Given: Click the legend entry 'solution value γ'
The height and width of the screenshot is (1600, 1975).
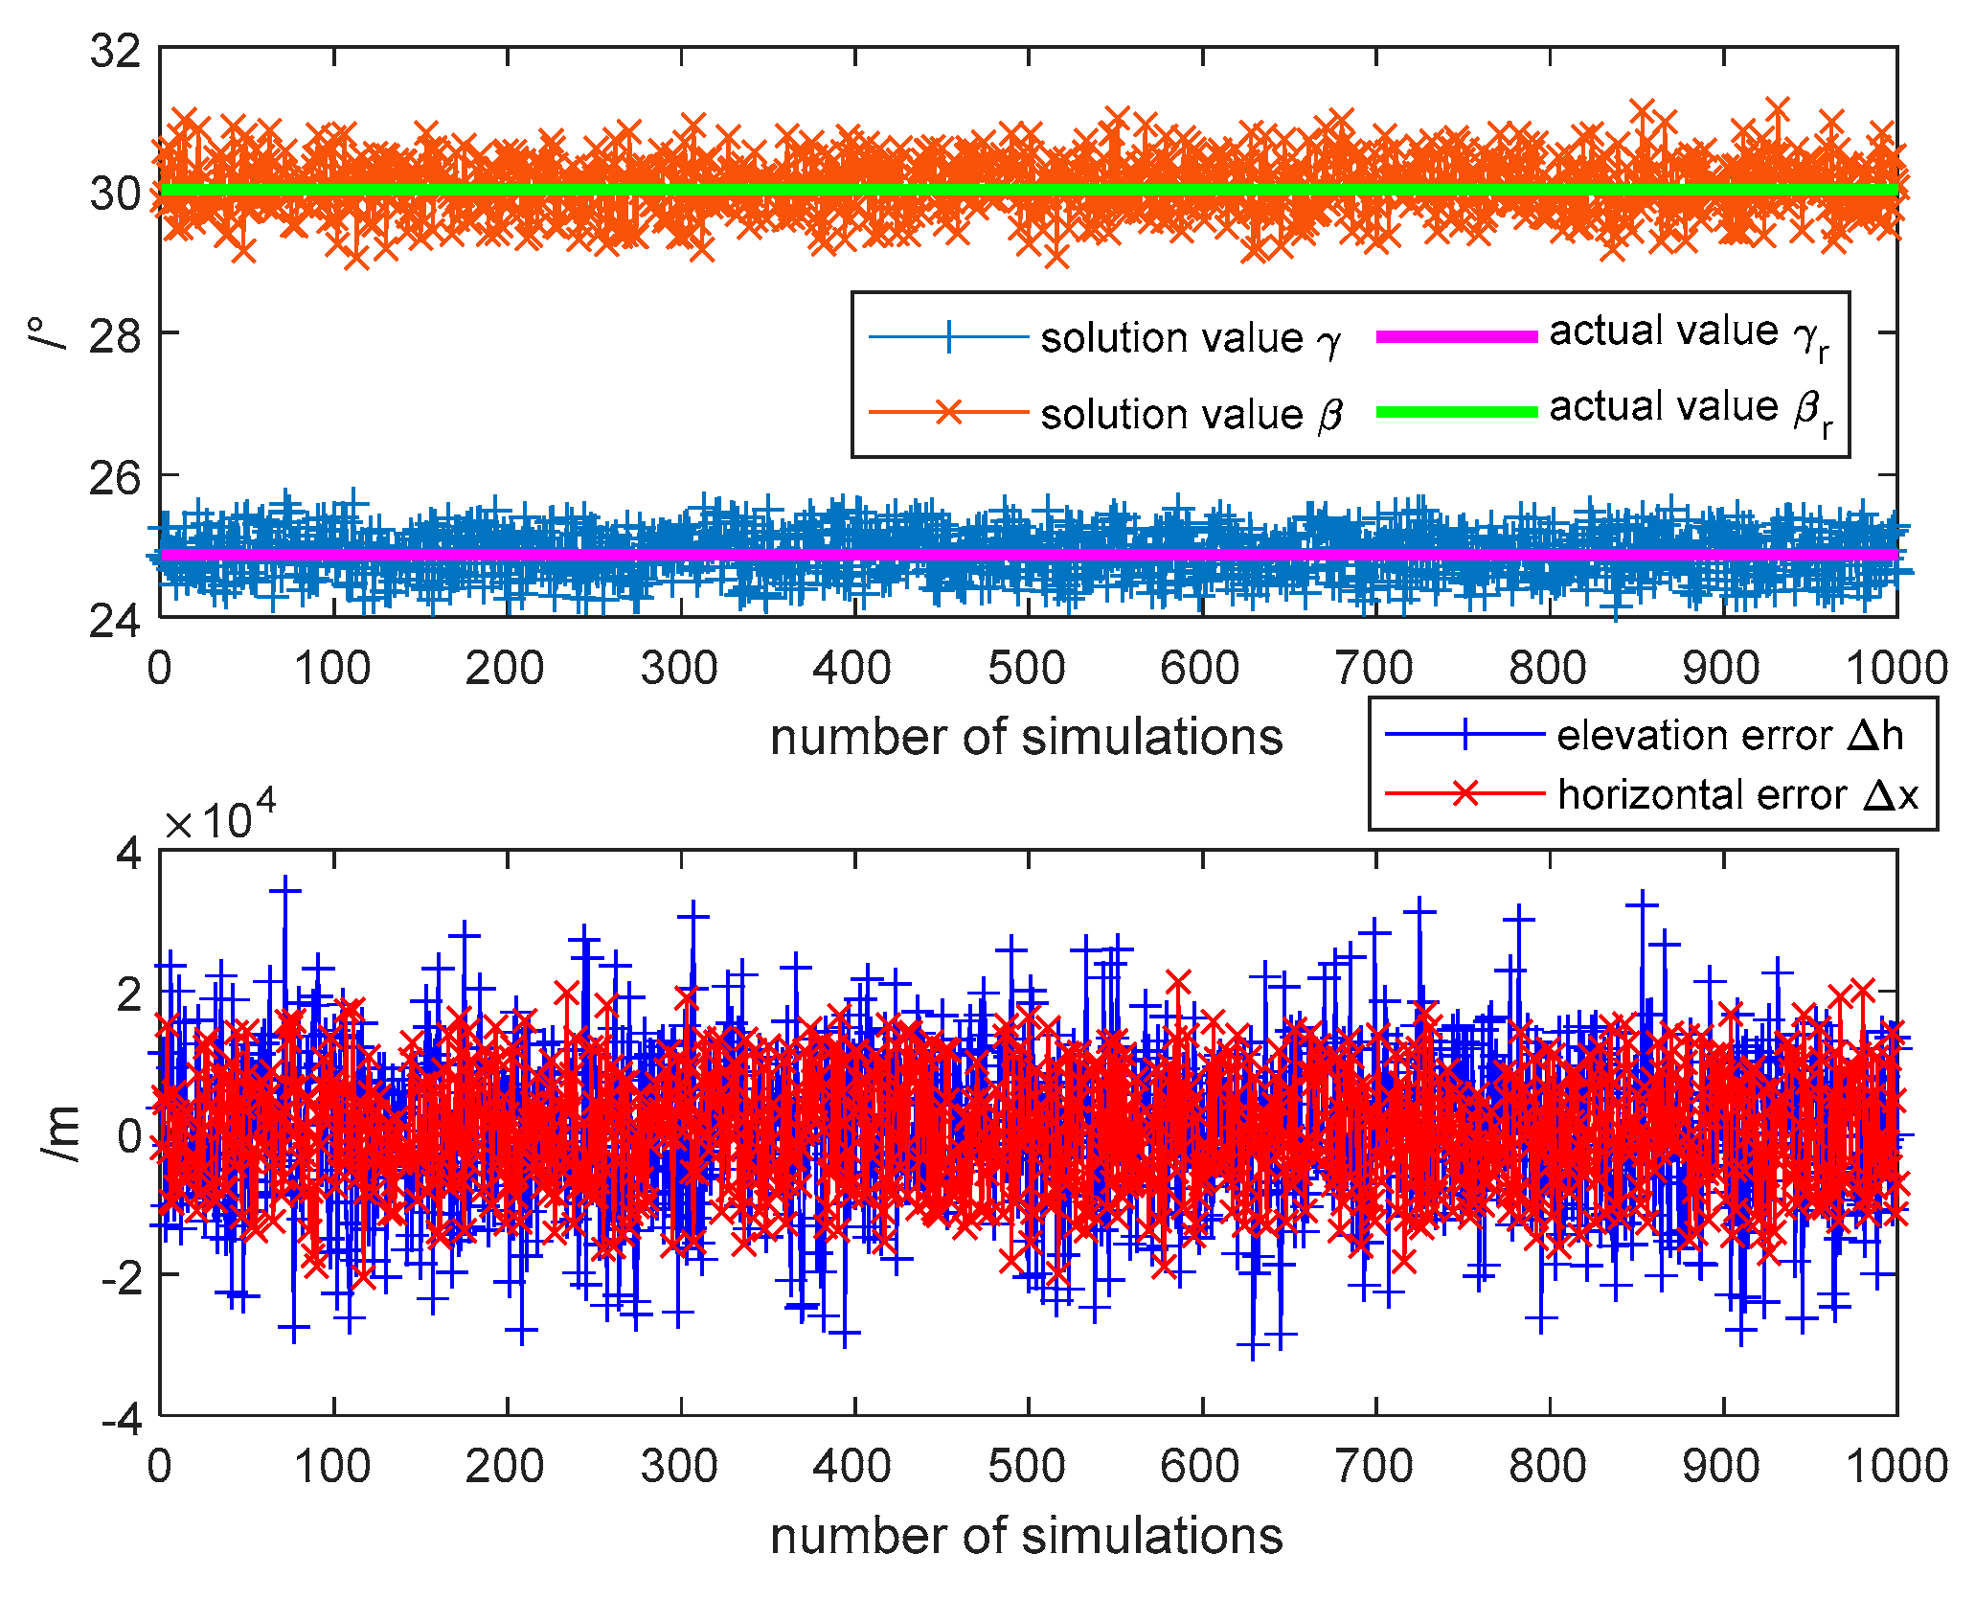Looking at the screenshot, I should tap(1190, 338).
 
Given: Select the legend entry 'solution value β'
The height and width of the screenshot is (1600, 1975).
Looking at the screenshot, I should tap(1190, 414).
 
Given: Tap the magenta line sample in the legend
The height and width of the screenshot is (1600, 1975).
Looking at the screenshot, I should tap(1456, 336).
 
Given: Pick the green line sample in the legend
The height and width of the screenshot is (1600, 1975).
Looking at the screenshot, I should tap(1456, 412).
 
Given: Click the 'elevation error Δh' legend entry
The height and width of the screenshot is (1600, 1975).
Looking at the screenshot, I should tap(1729, 736).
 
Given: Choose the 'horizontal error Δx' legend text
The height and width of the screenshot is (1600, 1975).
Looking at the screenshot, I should tap(1737, 795).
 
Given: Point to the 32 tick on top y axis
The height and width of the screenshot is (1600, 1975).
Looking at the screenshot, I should tap(115, 50).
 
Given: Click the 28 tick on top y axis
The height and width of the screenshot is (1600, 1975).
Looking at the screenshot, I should tap(115, 334).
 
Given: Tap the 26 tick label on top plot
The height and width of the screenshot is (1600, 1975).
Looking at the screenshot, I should tap(115, 477).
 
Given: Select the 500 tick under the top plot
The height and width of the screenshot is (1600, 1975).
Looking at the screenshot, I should tap(1027, 668).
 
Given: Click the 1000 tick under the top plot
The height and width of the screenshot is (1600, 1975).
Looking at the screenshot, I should tap(1896, 668).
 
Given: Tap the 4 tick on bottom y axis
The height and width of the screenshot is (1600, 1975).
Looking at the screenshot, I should tap(129, 853).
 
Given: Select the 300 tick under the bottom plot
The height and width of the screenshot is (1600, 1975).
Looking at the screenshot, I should tap(679, 1466).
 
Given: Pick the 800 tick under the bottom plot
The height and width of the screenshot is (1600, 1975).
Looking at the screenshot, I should tap(1548, 1466).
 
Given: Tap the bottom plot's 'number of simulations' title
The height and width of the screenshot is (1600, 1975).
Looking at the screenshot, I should tap(1026, 1536).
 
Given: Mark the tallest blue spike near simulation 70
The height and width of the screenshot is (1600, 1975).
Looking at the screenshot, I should tap(284, 890).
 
